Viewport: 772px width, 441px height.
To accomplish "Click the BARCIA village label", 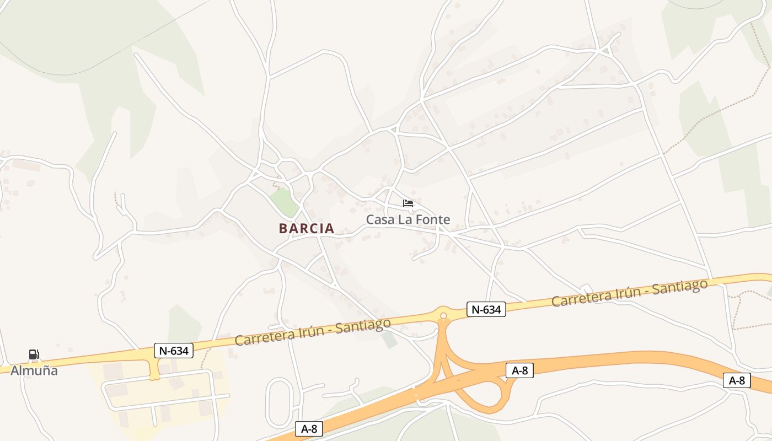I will [307, 228].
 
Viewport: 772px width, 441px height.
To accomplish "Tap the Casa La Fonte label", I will [408, 219].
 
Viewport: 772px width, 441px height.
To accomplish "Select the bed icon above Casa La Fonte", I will [408, 203].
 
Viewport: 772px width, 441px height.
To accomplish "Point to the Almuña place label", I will [34, 370].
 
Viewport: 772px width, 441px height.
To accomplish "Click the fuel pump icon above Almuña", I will [34, 354].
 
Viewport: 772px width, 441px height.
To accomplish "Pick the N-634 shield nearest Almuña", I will [174, 350].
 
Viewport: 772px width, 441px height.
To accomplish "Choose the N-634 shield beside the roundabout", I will [486, 309].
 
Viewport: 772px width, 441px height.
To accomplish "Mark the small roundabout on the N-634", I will [443, 316].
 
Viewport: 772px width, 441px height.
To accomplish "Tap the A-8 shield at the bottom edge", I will [309, 429].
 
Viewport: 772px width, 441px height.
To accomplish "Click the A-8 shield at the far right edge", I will [737, 380].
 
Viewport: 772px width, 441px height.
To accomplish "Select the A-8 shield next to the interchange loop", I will [519, 370].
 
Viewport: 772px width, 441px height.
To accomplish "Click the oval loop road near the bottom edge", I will [279, 402].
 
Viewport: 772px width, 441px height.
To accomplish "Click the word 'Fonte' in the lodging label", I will [433, 219].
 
